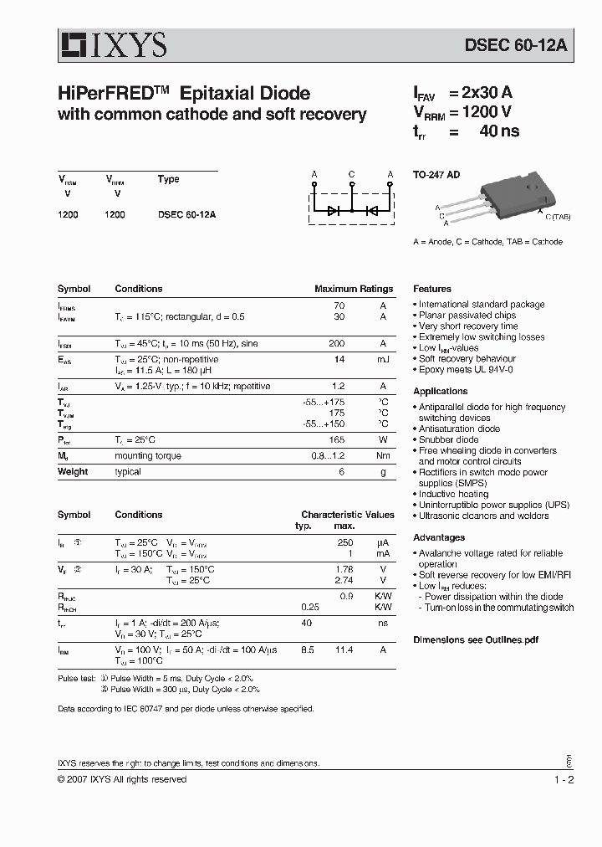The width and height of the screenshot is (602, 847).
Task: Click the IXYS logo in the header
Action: (x=112, y=44)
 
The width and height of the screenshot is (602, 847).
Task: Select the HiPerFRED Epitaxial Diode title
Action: (x=184, y=93)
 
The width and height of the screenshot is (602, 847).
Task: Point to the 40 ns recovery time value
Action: (x=498, y=131)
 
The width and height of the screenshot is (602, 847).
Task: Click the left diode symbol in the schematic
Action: (x=333, y=211)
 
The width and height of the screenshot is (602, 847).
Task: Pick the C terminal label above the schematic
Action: (x=351, y=175)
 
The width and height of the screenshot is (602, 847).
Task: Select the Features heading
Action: (x=431, y=289)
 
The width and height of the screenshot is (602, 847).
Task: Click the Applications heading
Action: (x=440, y=391)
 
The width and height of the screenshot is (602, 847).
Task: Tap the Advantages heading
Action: (x=438, y=537)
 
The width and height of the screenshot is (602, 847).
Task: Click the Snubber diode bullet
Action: (x=448, y=439)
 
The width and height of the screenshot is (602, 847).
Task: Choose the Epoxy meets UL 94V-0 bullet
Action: (x=465, y=369)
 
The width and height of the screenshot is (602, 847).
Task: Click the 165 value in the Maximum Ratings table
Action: (x=336, y=439)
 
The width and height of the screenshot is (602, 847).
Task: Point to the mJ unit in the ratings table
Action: (x=382, y=358)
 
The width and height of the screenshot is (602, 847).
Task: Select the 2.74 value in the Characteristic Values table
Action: (x=344, y=580)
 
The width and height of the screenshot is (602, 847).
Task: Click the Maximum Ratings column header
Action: (x=353, y=289)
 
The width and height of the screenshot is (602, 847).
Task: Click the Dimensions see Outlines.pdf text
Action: (x=474, y=639)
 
